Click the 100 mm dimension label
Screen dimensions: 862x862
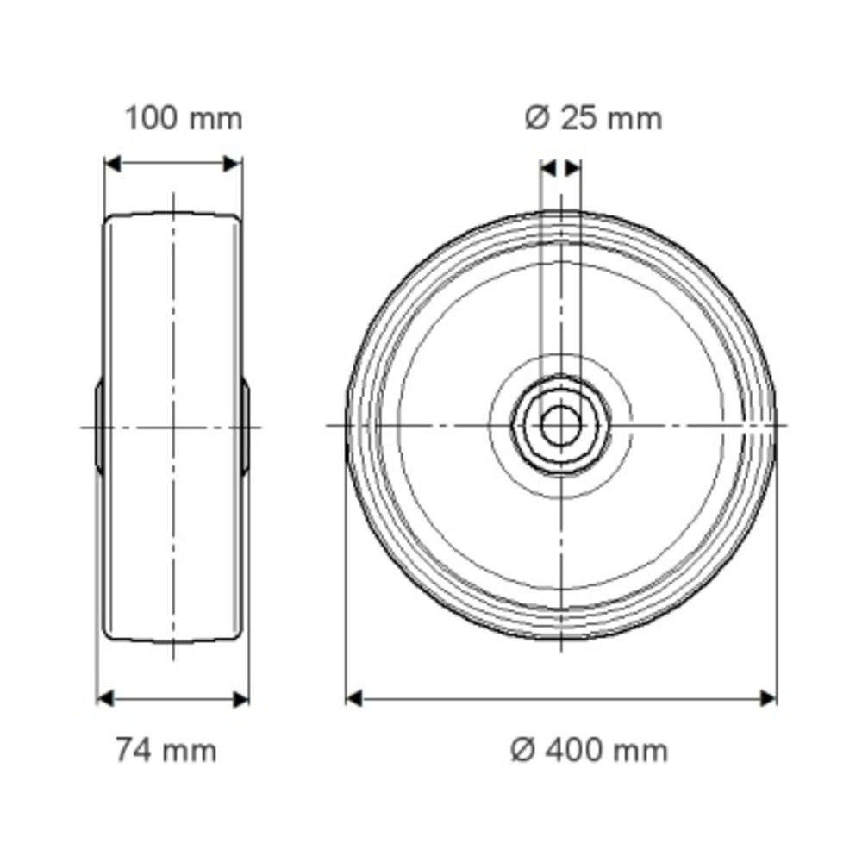point(184,118)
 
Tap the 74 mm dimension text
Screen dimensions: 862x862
point(166,750)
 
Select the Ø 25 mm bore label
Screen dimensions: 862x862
point(594,118)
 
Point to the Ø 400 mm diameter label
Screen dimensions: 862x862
point(589,750)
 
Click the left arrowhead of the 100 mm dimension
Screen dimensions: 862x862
point(113,164)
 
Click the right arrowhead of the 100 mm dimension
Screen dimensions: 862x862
point(232,164)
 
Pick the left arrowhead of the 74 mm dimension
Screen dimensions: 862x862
point(105,699)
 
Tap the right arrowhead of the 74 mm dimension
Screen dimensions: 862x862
point(240,699)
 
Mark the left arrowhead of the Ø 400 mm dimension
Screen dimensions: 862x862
point(354,699)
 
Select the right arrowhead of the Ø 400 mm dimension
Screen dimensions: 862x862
point(768,699)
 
